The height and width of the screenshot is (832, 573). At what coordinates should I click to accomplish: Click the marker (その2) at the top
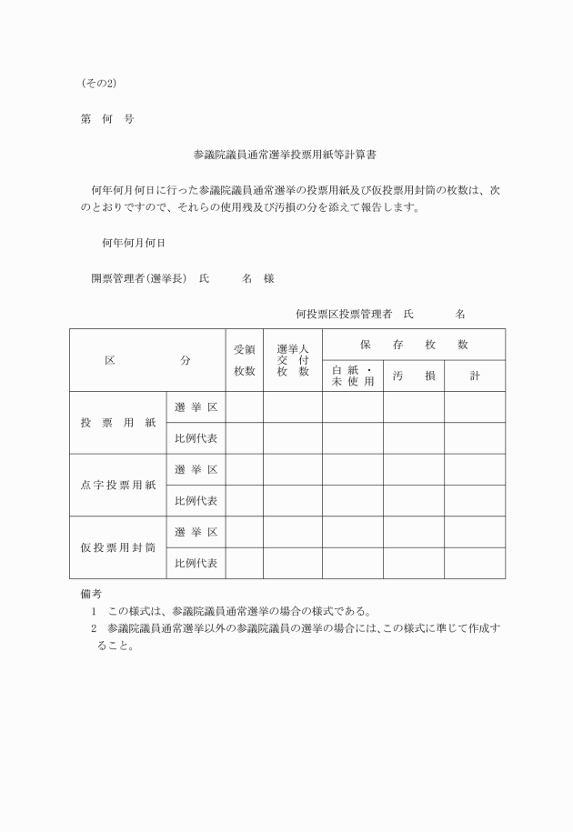98,84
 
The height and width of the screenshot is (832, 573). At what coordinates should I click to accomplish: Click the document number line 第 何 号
106,119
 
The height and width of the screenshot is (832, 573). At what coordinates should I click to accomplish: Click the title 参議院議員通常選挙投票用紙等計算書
286,155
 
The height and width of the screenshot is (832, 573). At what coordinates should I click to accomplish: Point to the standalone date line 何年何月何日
133,243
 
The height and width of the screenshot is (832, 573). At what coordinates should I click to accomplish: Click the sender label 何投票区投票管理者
343,314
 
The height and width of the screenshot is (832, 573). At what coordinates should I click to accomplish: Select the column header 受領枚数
245,360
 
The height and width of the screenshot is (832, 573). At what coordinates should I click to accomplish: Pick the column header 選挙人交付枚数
293,360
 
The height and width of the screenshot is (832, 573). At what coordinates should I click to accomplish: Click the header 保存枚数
413,345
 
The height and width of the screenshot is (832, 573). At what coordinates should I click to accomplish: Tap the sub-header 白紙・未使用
352,376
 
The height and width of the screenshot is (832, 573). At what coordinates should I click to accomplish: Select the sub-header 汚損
413,376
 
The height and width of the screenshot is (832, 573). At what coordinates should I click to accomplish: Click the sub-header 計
474,376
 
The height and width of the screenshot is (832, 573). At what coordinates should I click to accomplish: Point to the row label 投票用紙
118,423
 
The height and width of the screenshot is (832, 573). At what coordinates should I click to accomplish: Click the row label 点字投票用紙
118,485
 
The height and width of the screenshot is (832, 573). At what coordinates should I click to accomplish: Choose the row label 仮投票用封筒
118,547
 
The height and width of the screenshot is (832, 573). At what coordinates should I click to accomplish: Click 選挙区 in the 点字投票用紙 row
196,469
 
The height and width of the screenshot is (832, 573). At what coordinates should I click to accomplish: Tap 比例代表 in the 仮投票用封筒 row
196,563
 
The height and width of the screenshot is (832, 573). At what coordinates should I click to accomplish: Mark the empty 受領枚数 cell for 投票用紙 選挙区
245,406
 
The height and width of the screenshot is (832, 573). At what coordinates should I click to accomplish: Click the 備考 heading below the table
91,593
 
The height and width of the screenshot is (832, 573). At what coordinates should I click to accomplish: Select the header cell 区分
147,360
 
